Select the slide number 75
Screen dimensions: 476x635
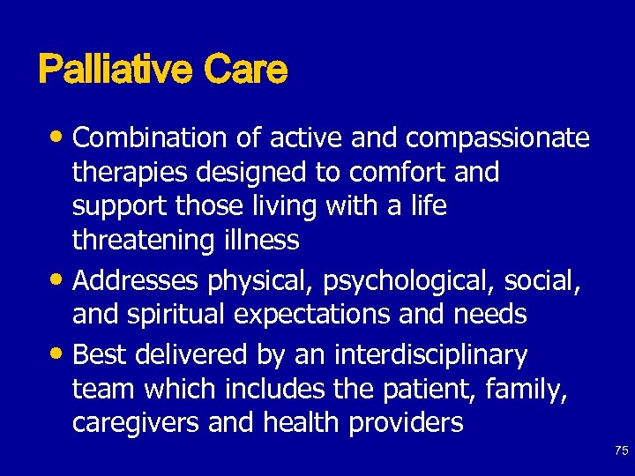(621, 450)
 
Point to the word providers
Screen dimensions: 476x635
(407, 423)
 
